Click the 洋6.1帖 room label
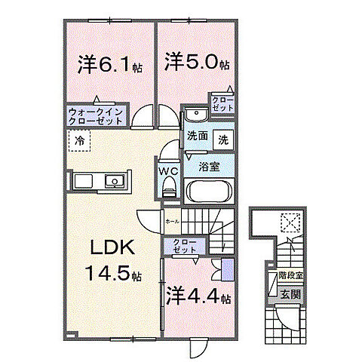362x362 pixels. pos(109,66)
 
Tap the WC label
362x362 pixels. pos(168,171)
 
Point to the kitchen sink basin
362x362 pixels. pos(115,181)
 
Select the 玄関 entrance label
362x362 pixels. pos(290,294)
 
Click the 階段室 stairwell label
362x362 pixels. pos(290,277)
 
